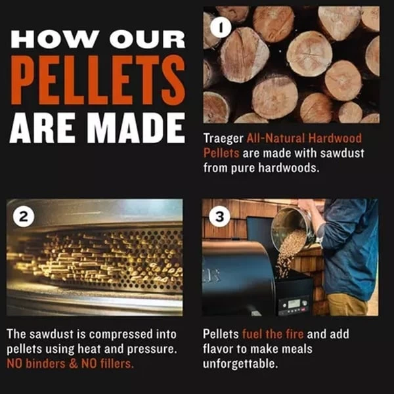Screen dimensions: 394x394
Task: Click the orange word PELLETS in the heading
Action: point(98,79)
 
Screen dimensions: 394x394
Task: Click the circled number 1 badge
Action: point(221,28)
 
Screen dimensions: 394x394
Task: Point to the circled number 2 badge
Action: point(24,217)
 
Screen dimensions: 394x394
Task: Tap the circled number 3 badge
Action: point(219,217)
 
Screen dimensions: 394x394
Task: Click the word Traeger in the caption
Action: point(223,139)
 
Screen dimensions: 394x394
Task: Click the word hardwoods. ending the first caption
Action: point(289,167)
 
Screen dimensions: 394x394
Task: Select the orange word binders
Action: point(45,364)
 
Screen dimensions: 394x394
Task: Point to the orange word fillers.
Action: point(117,364)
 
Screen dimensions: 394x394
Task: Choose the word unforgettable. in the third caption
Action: point(240,364)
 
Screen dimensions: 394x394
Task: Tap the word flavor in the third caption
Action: point(216,349)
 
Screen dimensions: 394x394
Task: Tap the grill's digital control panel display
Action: point(293,303)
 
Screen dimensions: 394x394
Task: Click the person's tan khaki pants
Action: point(347,305)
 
